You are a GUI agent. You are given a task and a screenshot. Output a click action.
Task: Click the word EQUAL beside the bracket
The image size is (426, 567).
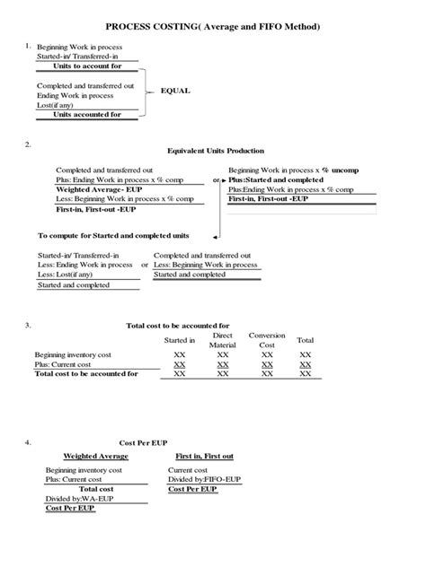[x=175, y=92]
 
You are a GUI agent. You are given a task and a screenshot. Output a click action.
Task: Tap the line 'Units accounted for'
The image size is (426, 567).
[x=88, y=114]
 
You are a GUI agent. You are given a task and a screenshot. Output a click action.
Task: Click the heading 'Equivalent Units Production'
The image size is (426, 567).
[x=216, y=151]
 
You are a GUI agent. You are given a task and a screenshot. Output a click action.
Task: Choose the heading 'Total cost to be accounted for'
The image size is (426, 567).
[x=178, y=326]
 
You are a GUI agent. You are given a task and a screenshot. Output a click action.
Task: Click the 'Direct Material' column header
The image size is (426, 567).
[x=222, y=340]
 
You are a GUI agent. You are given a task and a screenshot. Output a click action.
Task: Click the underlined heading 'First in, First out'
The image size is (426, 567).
[x=205, y=456]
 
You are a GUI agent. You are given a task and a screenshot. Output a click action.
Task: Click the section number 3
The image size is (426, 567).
[x=29, y=325]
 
